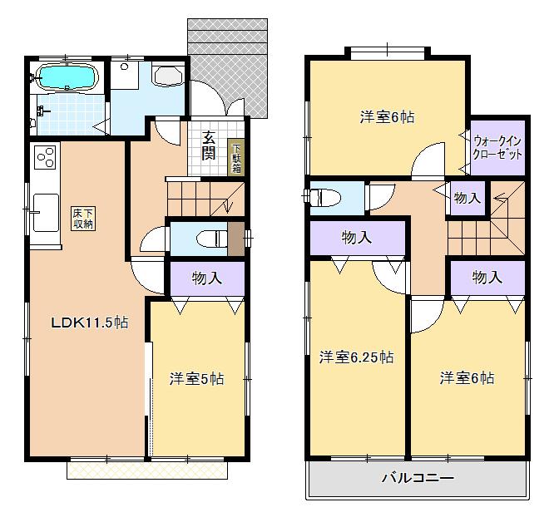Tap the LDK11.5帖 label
(91, 323)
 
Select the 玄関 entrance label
(209, 146)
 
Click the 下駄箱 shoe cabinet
(236, 156)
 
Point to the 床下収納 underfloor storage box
(83, 219)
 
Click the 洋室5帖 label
(196, 378)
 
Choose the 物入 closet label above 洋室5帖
(207, 278)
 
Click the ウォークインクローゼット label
(497, 148)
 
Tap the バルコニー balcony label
(418, 478)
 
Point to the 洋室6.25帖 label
(357, 357)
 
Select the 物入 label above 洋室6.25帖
(357, 238)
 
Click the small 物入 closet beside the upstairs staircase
(467, 198)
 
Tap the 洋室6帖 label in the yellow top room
(387, 117)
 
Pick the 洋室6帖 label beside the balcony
(467, 377)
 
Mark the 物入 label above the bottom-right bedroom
(487, 278)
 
